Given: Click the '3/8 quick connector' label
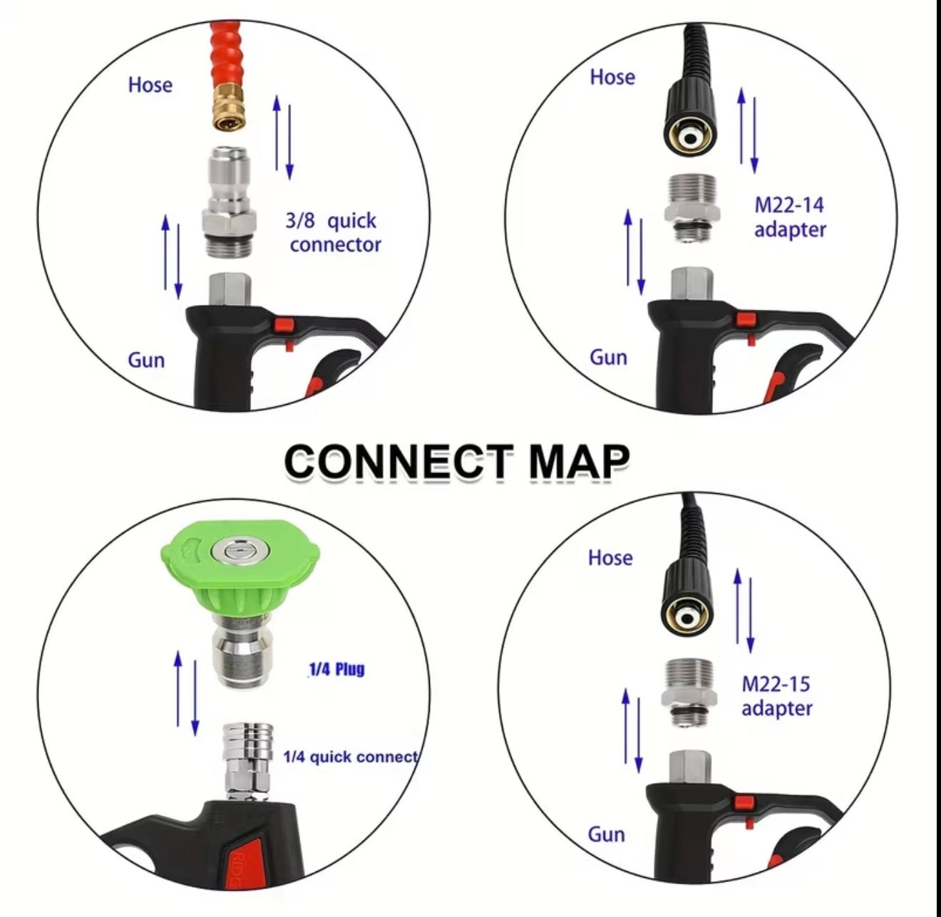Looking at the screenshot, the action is [x=333, y=232].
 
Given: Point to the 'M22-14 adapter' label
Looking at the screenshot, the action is [x=790, y=217].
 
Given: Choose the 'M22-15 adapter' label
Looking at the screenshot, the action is [x=776, y=695].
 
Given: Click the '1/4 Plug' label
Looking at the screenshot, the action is [x=336, y=670].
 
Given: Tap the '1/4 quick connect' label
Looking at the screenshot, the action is [x=351, y=757].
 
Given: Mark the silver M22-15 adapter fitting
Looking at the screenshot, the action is [x=689, y=691].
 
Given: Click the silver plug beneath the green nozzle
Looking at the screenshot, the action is [x=241, y=648].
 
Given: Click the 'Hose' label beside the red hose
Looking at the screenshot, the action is [x=150, y=85].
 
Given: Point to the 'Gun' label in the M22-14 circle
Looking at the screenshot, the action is [x=608, y=358].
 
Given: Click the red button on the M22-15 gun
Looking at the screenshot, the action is [x=745, y=804].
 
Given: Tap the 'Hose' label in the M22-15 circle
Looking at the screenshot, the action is [x=610, y=558].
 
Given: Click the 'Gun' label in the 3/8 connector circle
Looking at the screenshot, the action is [x=146, y=361].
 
